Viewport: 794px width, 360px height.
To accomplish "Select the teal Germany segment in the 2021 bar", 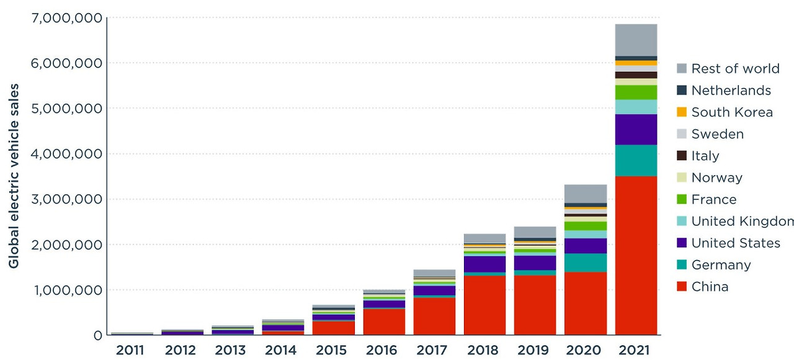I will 636,160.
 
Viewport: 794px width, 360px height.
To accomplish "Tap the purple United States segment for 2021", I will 636,129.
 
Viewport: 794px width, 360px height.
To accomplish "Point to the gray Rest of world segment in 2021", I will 636,40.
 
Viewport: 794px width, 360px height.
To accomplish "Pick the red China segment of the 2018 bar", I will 484,305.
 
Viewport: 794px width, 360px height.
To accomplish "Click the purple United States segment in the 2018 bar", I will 484,264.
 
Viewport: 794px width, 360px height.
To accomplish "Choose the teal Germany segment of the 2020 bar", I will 586,263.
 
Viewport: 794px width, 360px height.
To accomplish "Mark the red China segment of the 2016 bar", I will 384,322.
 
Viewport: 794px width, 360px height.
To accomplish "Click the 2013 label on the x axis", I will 231,350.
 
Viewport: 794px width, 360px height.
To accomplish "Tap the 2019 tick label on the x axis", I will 535,350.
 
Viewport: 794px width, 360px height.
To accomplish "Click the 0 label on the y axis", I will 97,335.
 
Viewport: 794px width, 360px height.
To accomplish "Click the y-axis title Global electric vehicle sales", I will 14,176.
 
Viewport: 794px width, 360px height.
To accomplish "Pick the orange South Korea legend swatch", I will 682,112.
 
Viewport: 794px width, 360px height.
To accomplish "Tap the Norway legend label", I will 716,178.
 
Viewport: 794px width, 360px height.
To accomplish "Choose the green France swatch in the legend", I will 682,199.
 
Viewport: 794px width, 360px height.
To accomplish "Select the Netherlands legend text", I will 731,91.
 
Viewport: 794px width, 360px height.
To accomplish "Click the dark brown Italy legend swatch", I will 682,156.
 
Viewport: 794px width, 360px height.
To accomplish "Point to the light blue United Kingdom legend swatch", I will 682,221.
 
